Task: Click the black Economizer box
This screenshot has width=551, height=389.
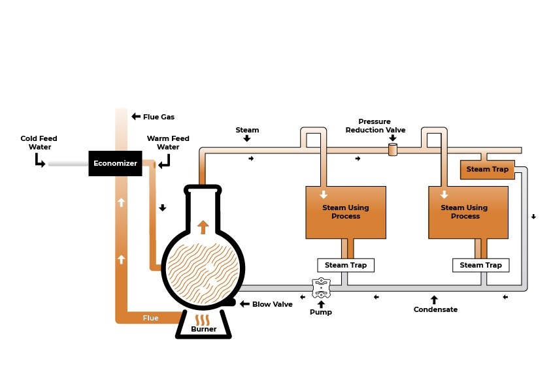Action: (x=115, y=163)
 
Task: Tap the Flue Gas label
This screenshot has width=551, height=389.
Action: (x=159, y=117)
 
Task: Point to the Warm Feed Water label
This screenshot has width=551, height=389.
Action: (x=168, y=142)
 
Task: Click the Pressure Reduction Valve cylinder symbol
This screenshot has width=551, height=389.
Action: (x=393, y=151)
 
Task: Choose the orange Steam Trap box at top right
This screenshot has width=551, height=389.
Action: (x=487, y=170)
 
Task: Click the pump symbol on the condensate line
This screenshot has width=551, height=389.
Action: (x=320, y=287)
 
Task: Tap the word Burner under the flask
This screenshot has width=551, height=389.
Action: (x=203, y=329)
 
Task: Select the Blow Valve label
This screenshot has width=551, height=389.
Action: (x=272, y=304)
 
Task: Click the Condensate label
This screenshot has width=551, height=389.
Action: (x=435, y=309)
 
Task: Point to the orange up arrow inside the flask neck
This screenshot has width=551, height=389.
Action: (x=203, y=226)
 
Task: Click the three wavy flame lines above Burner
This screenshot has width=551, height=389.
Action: (x=203, y=319)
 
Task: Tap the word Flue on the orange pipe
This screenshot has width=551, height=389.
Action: (x=150, y=319)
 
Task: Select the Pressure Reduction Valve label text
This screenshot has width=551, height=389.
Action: (x=375, y=126)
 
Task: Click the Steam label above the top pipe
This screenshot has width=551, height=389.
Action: (x=247, y=130)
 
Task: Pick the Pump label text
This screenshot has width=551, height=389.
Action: (x=320, y=312)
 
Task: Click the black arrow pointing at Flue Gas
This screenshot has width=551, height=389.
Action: (x=136, y=117)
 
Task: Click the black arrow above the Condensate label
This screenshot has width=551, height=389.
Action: (x=434, y=300)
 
